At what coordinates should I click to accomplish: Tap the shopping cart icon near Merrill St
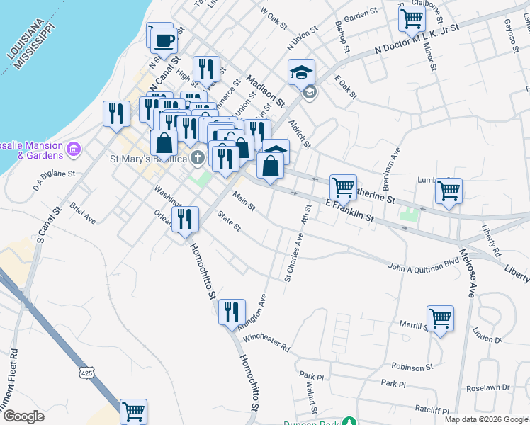pyautogui.click(x=440, y=318)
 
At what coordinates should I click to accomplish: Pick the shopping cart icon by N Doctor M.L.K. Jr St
pyautogui.click(x=412, y=18)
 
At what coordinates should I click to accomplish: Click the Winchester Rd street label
pyautogui.click(x=266, y=344)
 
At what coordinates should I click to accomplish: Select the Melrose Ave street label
pyautogui.click(x=468, y=269)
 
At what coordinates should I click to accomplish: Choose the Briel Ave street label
pyautogui.click(x=83, y=213)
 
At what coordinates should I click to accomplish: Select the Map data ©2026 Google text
pyautogui.click(x=486, y=419)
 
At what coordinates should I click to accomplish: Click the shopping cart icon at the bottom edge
pyautogui.click(x=133, y=411)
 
